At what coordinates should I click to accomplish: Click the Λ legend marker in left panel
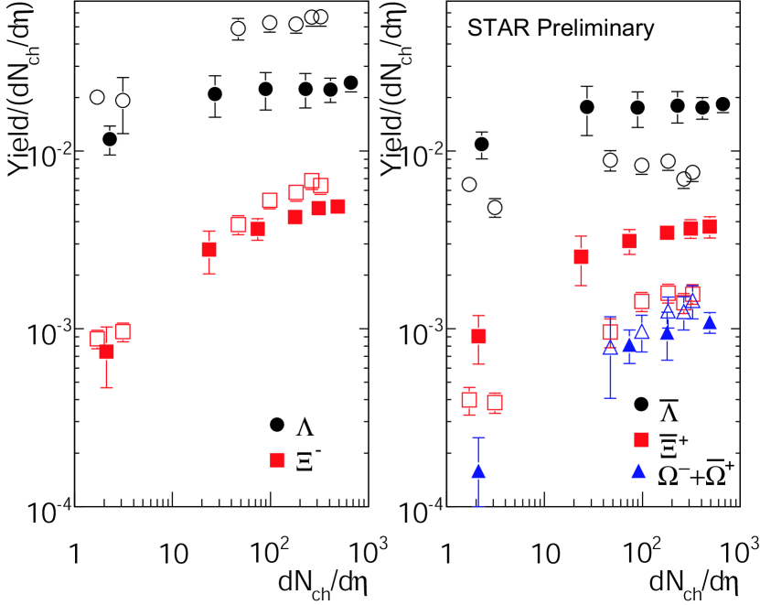pyautogui.click(x=277, y=425)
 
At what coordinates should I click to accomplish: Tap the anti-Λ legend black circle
pyautogui.click(x=643, y=405)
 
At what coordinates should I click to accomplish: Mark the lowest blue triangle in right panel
pyautogui.click(x=478, y=471)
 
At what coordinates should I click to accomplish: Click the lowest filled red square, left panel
pyautogui.click(x=106, y=351)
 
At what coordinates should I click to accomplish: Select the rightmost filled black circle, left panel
pyautogui.click(x=350, y=83)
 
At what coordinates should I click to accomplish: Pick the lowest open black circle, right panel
pyautogui.click(x=495, y=208)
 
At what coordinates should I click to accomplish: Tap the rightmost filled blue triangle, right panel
pyautogui.click(x=709, y=323)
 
